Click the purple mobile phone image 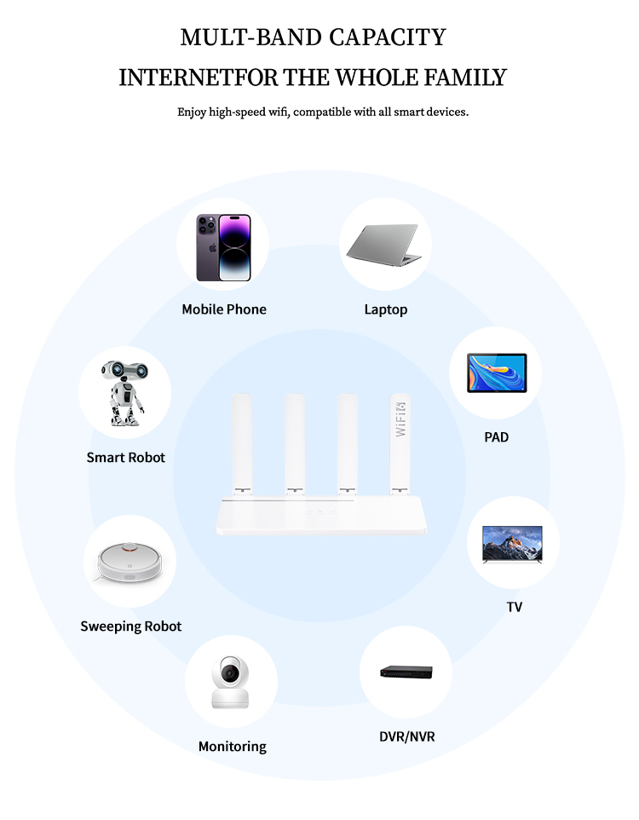coord(223,247)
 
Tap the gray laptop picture coord(384,245)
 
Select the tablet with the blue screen coord(497,372)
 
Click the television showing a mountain coord(512,545)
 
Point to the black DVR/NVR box coord(406,672)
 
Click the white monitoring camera coord(230,682)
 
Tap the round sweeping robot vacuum coord(130,563)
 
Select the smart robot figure coord(124,393)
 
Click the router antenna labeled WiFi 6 coord(400,443)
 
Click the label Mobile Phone coord(224,309)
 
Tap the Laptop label coord(386,309)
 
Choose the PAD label coord(496,437)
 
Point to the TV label coord(514,607)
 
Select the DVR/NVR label coord(406,736)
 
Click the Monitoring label coord(233,747)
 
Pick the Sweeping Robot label coord(130,627)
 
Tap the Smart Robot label coord(125,458)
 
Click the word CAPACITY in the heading coord(388,38)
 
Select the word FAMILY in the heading coord(465,78)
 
